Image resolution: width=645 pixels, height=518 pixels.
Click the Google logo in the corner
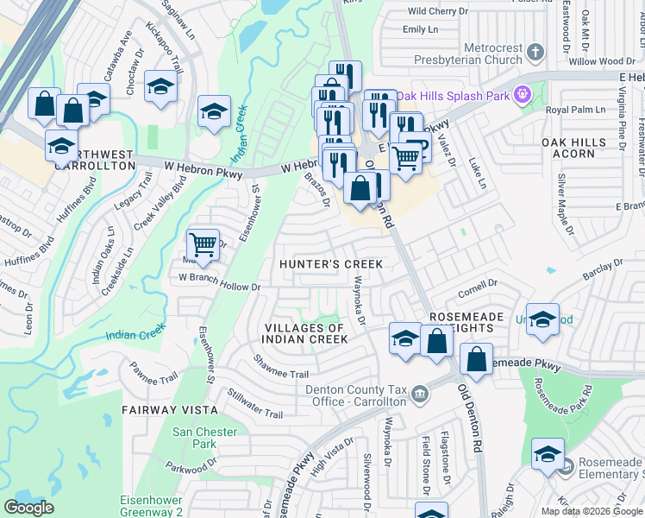click(28, 508)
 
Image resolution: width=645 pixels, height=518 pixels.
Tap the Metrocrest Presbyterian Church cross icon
click(535, 53)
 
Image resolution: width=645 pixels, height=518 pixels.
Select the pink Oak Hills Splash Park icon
click(521, 94)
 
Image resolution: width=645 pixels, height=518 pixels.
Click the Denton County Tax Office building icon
click(419, 395)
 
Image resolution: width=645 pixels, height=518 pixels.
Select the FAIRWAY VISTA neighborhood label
click(166, 409)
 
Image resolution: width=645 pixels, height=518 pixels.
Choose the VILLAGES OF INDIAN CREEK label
click(306, 333)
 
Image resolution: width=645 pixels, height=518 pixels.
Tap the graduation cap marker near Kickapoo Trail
click(160, 86)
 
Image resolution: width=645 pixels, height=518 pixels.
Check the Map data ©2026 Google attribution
click(591, 511)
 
